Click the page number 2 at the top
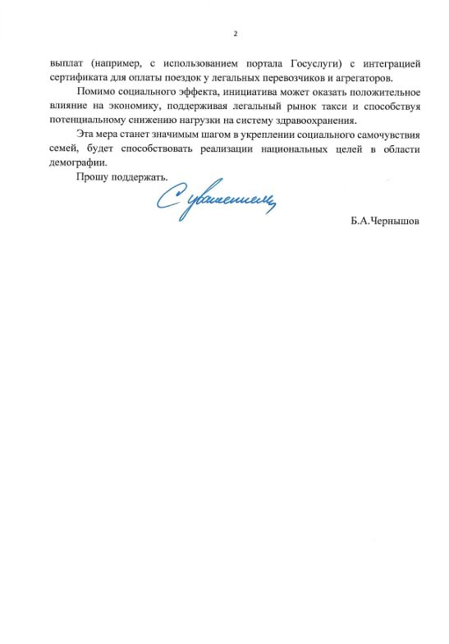click(235, 33)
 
